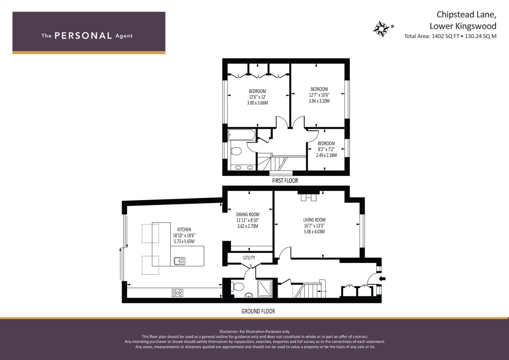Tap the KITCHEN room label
pos(184,230)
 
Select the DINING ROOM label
pos(248,214)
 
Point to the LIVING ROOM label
pos(314,220)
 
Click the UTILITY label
pos(249,258)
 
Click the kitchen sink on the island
pos(180,261)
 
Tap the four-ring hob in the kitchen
pos(177,293)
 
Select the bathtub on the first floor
pos(242,135)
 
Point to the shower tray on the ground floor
pos(265,288)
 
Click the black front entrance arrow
pos(382,279)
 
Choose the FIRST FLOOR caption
pos(285,181)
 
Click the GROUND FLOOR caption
pos(258,311)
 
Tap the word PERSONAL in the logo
pos(83,36)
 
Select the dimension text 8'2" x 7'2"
pos(326,149)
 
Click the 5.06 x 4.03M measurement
pos(314,232)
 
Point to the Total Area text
pos(450,36)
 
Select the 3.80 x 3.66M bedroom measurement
pos(257,103)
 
